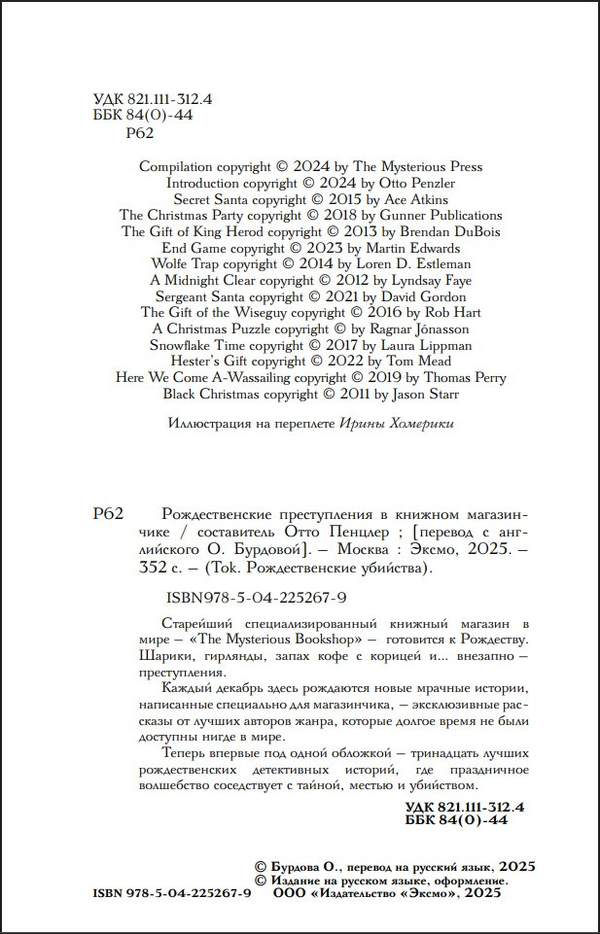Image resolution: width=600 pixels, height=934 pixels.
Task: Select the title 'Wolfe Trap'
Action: coord(185,263)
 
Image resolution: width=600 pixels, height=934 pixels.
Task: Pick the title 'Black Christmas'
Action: coord(192,394)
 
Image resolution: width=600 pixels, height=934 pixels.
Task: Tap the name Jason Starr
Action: coord(424,394)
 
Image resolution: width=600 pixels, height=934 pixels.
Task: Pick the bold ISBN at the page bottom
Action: coord(172,894)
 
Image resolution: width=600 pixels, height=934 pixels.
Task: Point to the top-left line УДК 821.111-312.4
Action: coord(153,99)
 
